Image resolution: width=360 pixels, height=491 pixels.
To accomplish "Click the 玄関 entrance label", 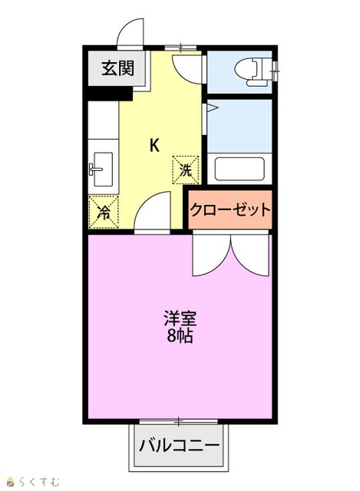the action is point(117,68).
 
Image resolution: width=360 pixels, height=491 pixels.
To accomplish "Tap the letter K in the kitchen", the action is point(154,145).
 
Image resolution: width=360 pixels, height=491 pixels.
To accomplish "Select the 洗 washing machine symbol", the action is point(186,170).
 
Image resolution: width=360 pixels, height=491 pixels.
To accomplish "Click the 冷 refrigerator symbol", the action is point(104,212).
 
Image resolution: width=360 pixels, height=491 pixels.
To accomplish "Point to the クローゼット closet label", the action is point(230,209).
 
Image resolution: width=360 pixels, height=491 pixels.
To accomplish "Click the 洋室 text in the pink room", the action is point(180,318).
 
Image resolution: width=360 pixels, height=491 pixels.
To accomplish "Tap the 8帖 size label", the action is point(180,336).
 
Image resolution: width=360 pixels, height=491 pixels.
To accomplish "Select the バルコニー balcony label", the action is point(179,445).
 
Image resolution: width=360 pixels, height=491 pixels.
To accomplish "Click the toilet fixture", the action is point(253,71).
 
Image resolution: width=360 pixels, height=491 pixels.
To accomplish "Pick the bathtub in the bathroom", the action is point(239,169).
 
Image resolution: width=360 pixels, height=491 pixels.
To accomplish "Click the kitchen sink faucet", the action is point(95,170).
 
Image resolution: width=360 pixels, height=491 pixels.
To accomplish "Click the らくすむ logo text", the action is point(38,481).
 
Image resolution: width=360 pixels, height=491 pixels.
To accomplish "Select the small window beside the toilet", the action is point(275,71).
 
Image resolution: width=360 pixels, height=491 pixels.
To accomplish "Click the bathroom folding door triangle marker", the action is point(212,108).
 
